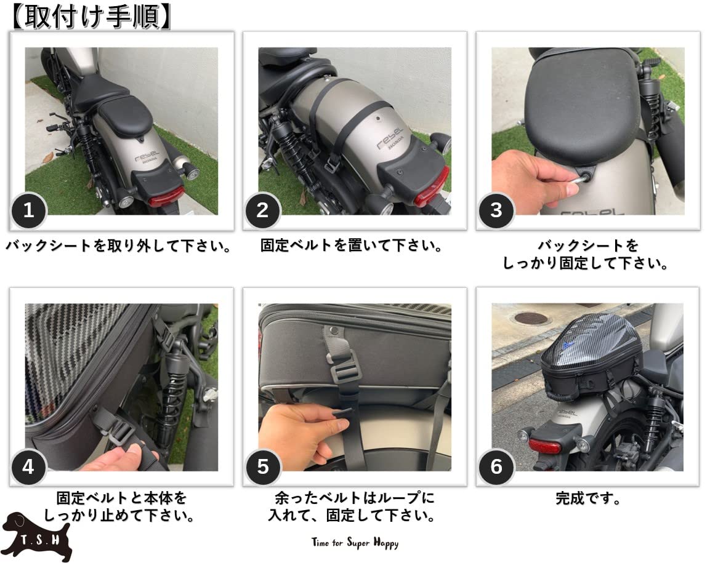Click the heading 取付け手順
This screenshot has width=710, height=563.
(x=91, y=17)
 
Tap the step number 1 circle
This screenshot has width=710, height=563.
(x=28, y=210)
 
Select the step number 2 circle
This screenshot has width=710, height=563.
(x=262, y=210)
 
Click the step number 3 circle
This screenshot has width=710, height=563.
(x=496, y=210)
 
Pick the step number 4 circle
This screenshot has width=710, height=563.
(x=28, y=467)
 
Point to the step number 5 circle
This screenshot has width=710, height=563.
(x=263, y=467)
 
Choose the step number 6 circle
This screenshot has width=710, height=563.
(x=496, y=467)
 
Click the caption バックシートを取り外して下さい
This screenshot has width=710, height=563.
(x=119, y=247)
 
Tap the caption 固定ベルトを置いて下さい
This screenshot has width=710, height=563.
(x=352, y=247)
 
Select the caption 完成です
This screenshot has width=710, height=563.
(x=588, y=498)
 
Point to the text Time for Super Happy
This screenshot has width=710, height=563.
(x=355, y=543)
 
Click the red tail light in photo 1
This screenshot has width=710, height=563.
(x=165, y=197)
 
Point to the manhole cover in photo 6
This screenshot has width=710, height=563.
(x=531, y=318)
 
